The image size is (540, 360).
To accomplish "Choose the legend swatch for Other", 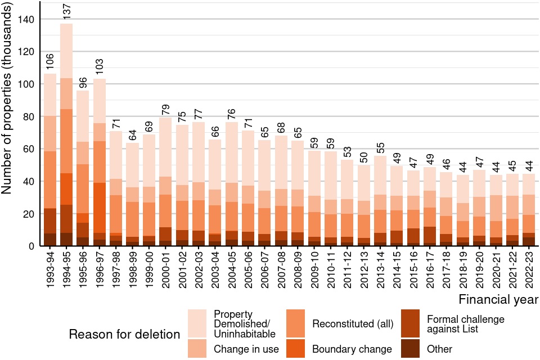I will coord(413,349).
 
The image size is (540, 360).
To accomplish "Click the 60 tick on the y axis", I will coord(29,149).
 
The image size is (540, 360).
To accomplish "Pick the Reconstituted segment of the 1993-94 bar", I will coord(50,180).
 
